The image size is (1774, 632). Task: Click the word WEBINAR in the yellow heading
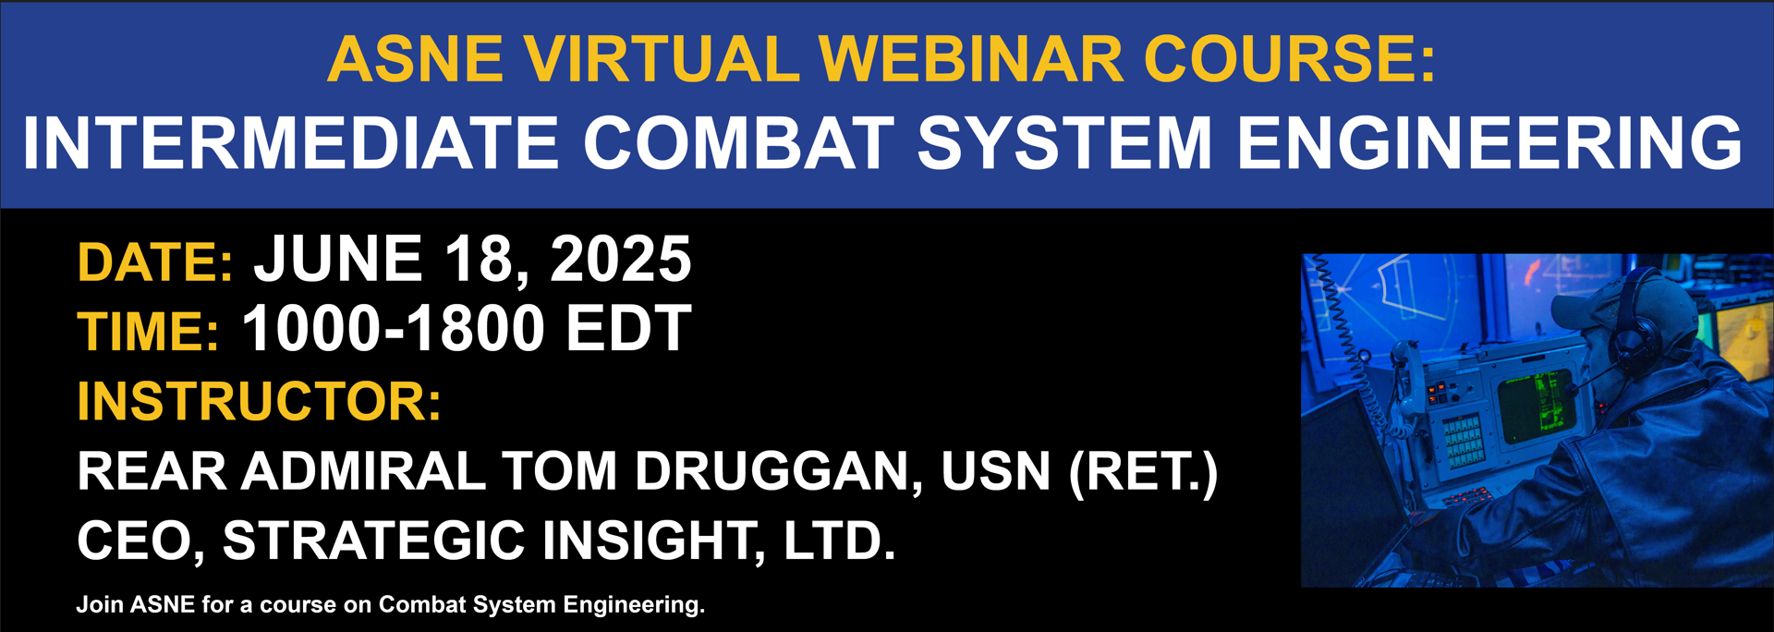click(971, 59)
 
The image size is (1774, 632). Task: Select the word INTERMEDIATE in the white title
click(291, 142)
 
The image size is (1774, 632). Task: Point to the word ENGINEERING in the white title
click(1489, 142)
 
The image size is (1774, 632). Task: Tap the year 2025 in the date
click(621, 259)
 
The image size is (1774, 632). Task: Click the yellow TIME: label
click(148, 332)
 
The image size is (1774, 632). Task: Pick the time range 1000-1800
click(394, 329)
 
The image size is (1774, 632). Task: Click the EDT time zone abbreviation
click(628, 329)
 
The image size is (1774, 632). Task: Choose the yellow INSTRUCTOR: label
click(260, 402)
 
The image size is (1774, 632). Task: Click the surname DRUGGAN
click(779, 471)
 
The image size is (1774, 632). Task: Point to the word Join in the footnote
click(100, 605)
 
